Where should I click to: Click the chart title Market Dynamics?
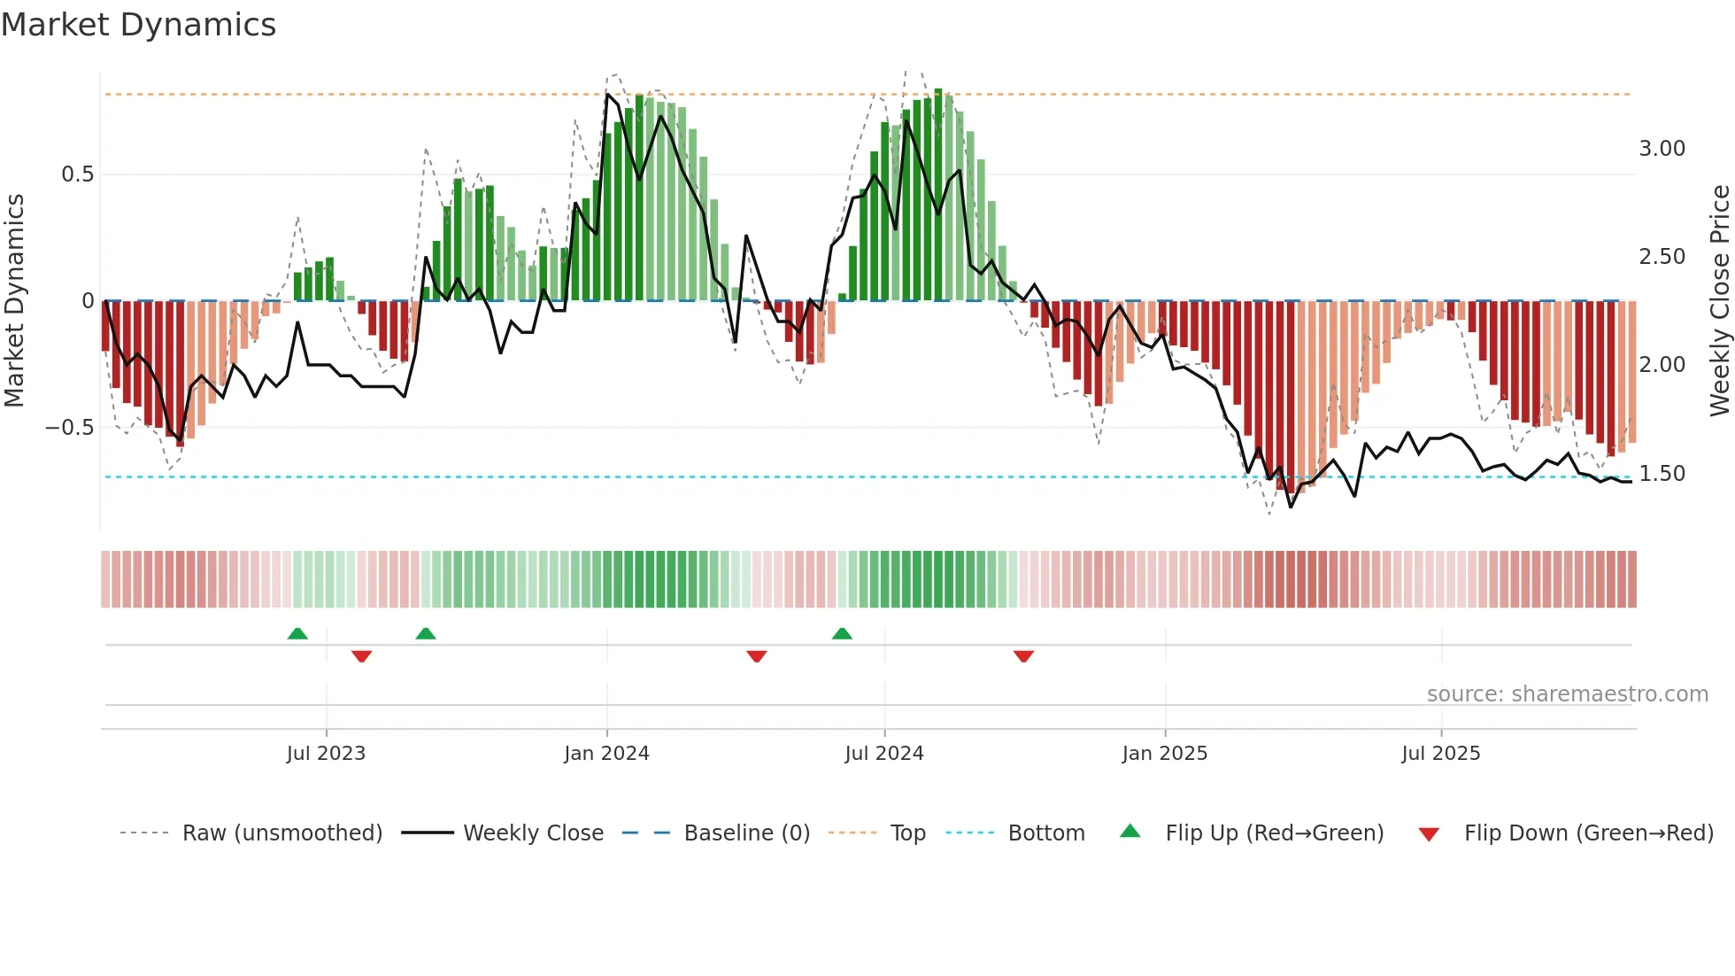point(138,25)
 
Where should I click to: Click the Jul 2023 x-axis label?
point(326,754)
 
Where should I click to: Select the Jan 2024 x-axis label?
point(606,754)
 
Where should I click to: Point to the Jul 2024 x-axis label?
point(883,754)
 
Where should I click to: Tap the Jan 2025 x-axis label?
point(1164,754)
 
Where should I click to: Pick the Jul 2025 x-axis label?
point(1440,754)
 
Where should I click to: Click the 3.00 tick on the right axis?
point(1662,149)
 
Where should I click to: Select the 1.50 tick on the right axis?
point(1662,474)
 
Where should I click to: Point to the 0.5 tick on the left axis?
point(78,174)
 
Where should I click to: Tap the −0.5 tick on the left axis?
point(70,428)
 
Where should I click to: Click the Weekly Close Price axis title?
point(1719,301)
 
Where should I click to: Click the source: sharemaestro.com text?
point(1567,694)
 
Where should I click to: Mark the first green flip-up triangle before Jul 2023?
point(297,634)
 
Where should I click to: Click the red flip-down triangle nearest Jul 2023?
point(361,656)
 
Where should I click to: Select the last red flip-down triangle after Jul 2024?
point(1023,656)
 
